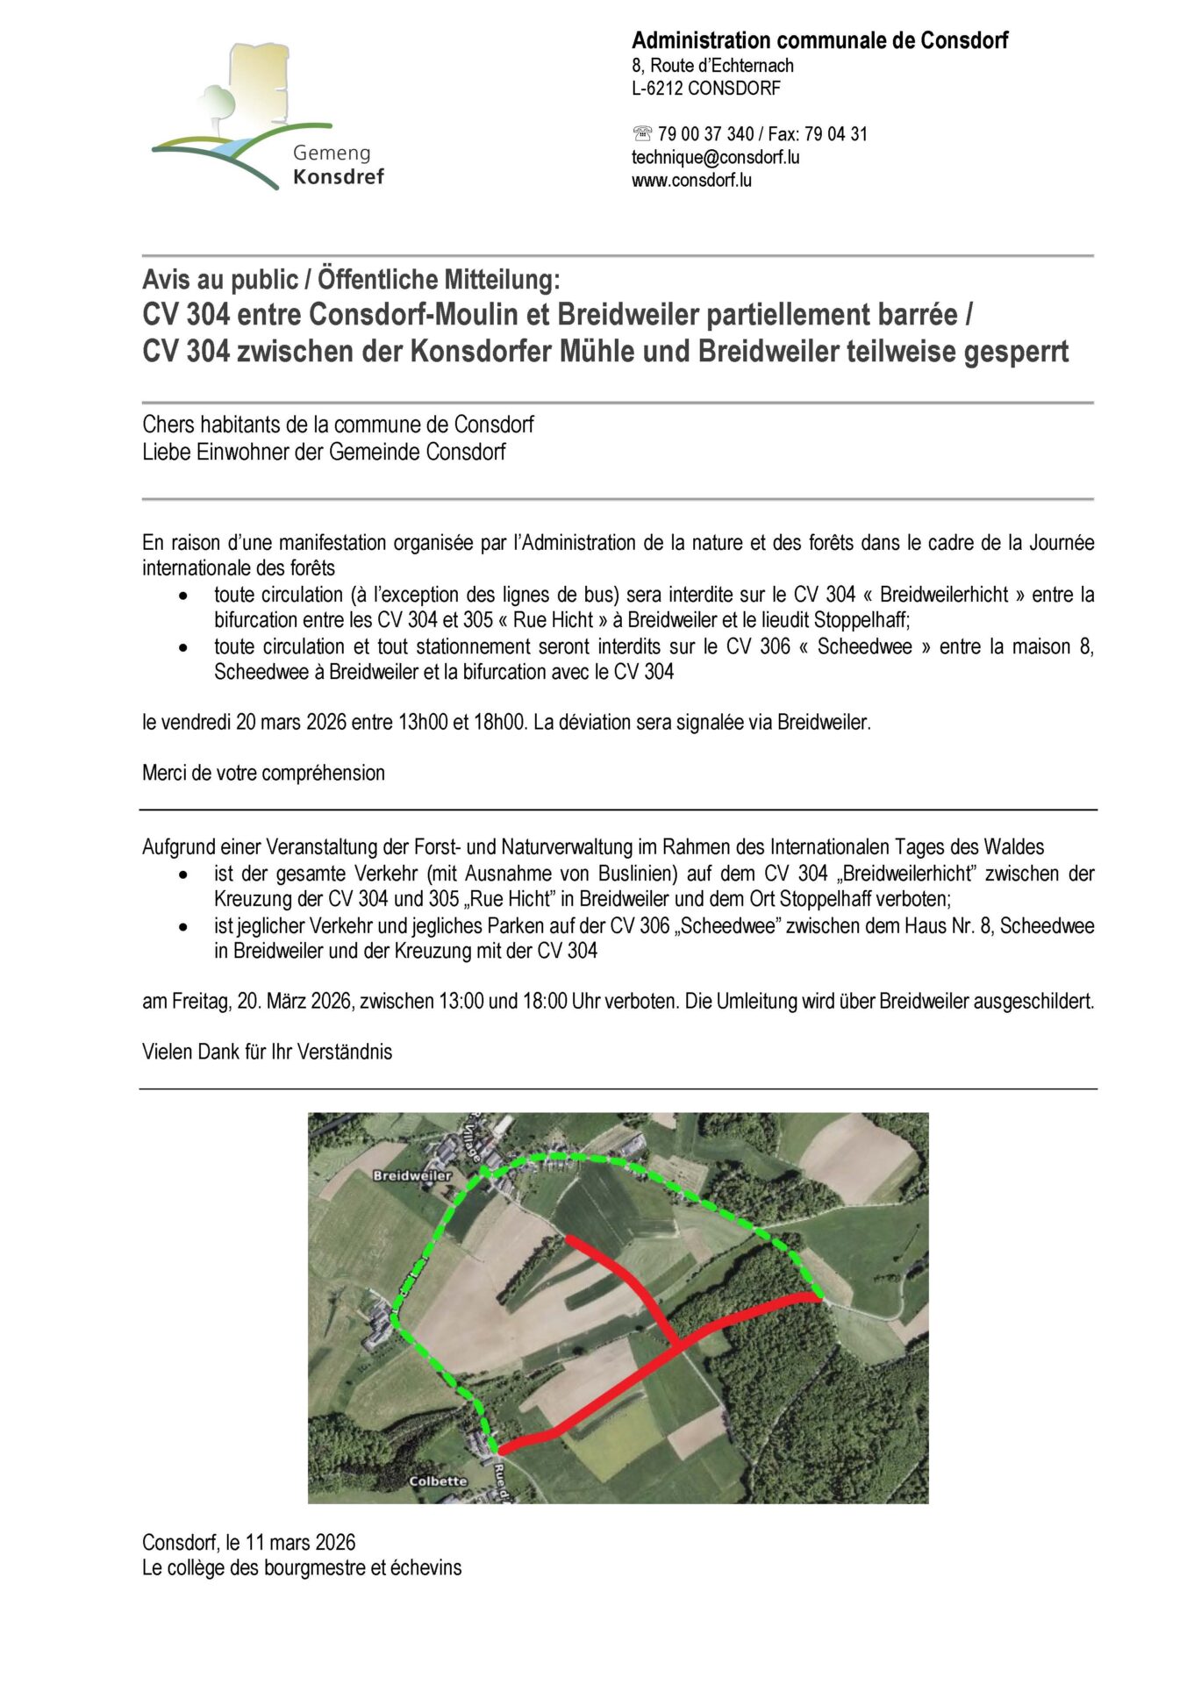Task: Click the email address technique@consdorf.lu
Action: point(715,158)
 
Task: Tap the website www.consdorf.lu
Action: point(691,181)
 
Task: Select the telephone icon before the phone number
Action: point(642,134)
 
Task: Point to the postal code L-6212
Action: point(657,89)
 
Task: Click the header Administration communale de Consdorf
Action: point(819,40)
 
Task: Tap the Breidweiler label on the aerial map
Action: point(411,1175)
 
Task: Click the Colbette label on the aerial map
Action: point(438,1481)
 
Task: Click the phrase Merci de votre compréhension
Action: point(263,774)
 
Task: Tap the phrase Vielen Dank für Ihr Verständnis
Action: point(267,1052)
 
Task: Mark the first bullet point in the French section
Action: point(182,596)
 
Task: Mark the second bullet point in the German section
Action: point(182,926)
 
